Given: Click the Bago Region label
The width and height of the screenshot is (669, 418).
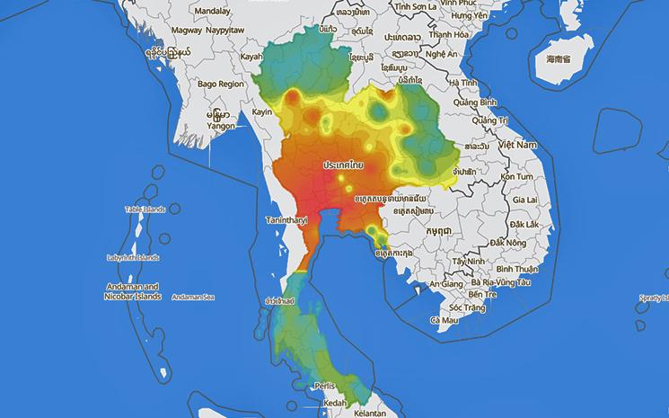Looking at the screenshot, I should point(220,84).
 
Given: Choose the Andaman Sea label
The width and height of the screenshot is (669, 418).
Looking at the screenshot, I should point(192,297).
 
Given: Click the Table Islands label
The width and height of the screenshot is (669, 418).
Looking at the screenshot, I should point(145,209).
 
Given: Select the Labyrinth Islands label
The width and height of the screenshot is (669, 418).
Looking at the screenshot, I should point(132,258).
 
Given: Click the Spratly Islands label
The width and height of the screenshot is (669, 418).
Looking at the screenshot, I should point(653,297).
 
